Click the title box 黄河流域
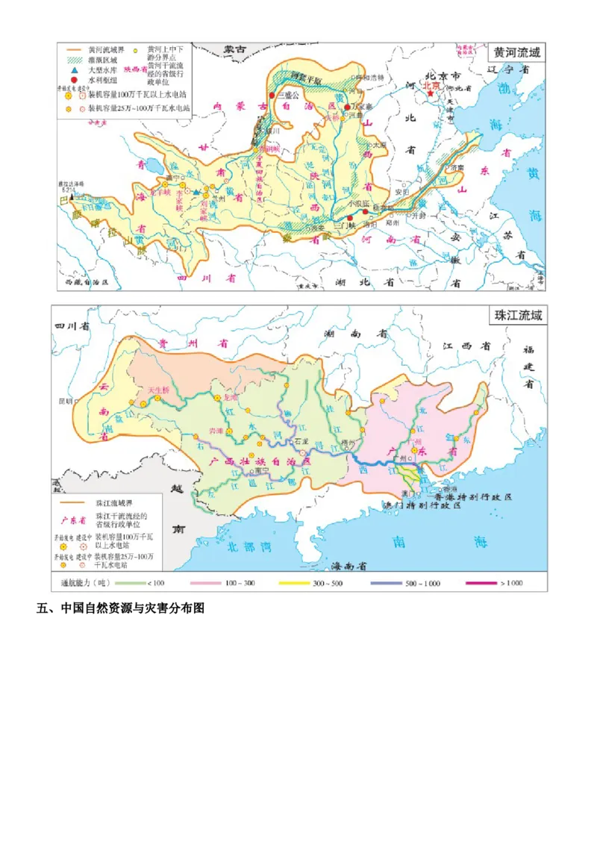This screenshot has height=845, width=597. click(515, 53)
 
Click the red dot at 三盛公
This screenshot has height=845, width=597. click(272, 96)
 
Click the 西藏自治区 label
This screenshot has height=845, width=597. click(87, 284)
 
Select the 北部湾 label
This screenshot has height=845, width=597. click(251, 546)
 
